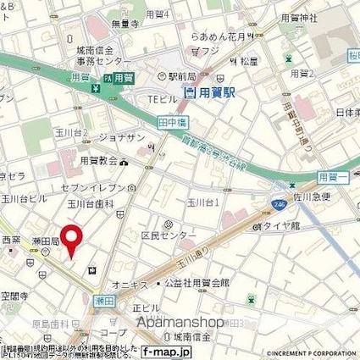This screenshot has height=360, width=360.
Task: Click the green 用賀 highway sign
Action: pos(124,77)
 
